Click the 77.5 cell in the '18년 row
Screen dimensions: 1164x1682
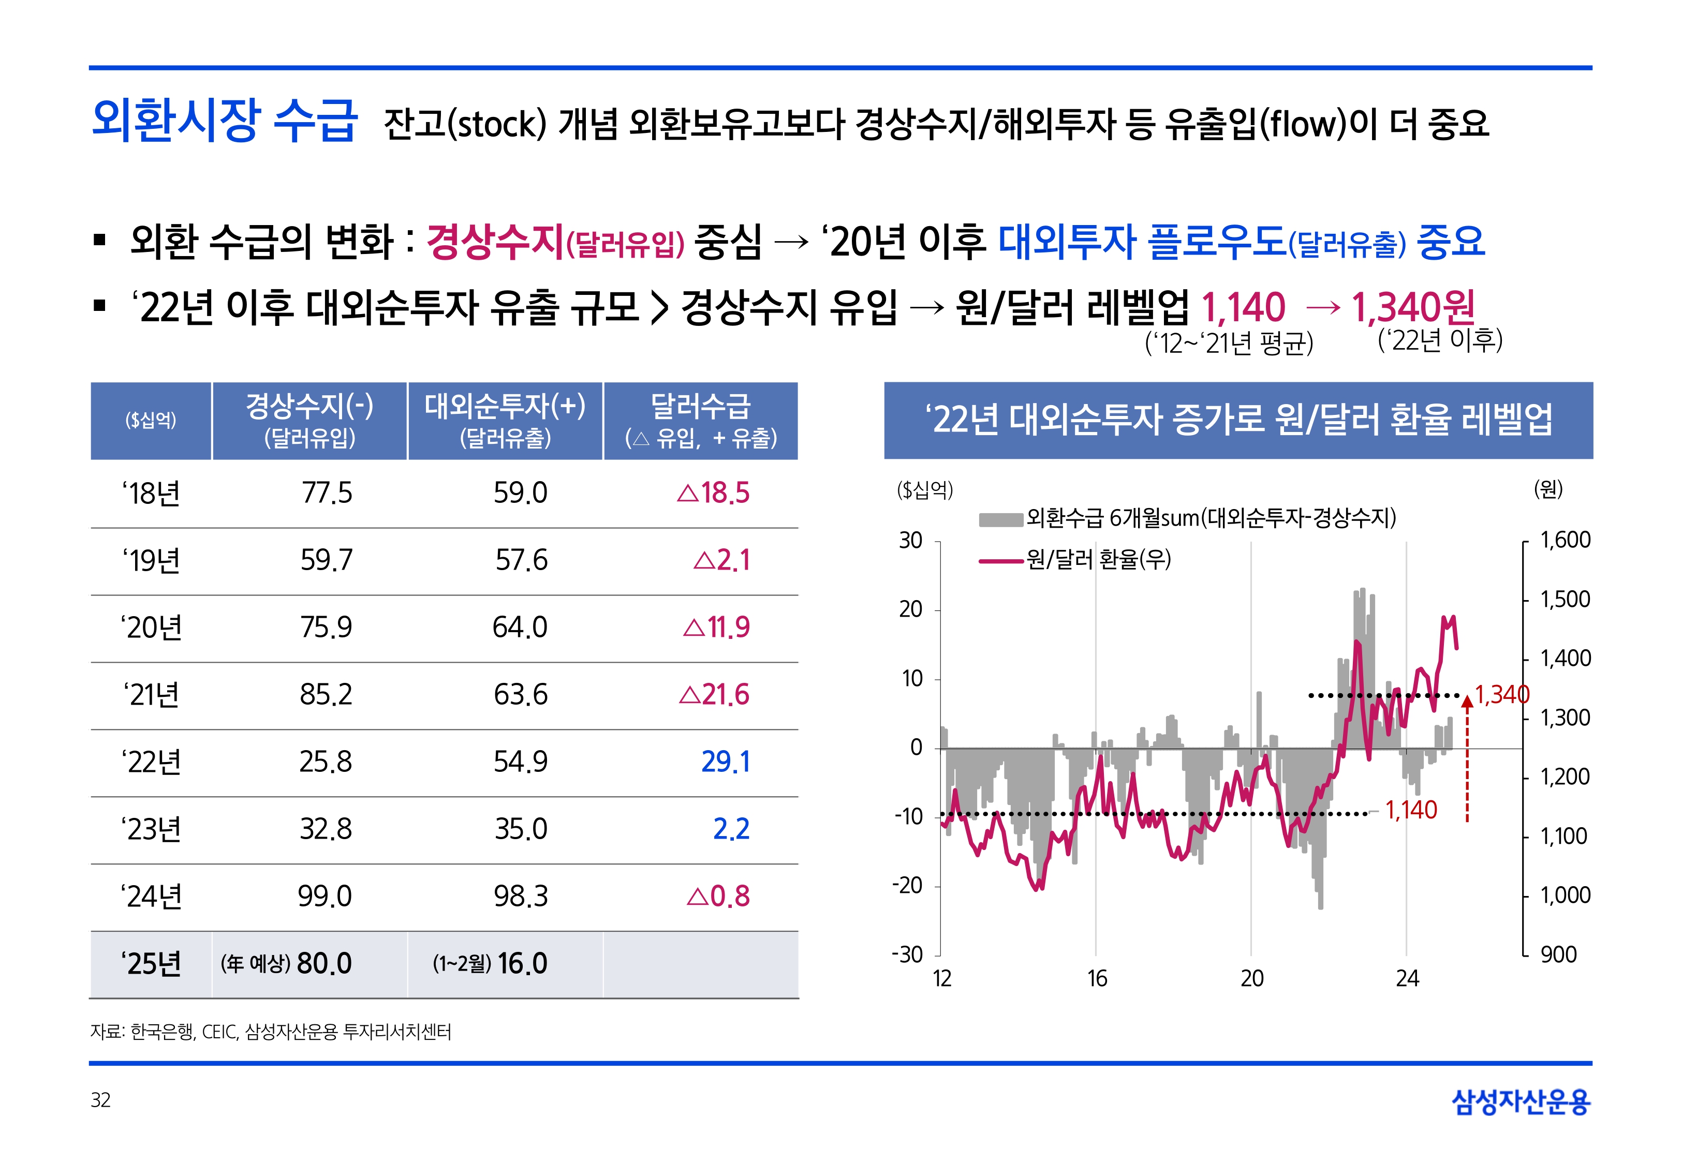click(x=327, y=493)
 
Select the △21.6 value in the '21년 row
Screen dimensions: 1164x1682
click(x=713, y=694)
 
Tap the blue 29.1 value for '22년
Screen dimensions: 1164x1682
click(x=725, y=762)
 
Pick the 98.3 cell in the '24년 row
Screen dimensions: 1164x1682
click(x=520, y=896)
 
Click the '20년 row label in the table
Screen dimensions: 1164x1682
click(x=151, y=627)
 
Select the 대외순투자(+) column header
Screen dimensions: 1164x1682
click(x=505, y=420)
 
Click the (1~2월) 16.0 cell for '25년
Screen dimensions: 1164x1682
click(x=490, y=963)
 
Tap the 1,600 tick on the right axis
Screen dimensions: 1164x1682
click(x=1565, y=540)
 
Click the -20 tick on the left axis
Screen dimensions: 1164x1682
click(x=908, y=885)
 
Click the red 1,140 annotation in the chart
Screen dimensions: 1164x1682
click(x=1411, y=810)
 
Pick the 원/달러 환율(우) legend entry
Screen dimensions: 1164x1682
click(x=1098, y=559)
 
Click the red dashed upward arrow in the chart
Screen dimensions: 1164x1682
click(x=1467, y=758)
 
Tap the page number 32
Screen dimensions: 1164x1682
click(x=100, y=1100)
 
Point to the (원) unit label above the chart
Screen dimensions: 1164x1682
click(x=1548, y=489)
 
